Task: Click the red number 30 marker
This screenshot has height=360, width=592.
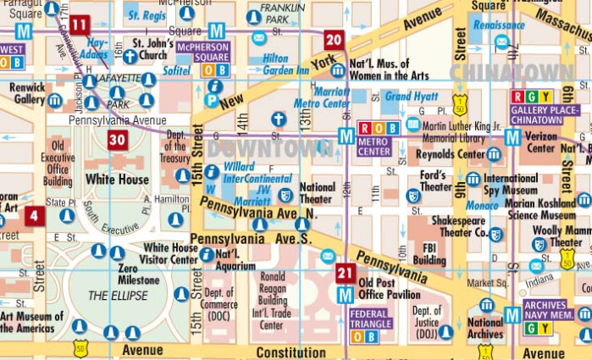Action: pyautogui.click(x=118, y=140)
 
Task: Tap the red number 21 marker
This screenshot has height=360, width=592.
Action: pyautogui.click(x=346, y=273)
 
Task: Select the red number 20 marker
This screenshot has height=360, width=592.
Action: pyautogui.click(x=334, y=40)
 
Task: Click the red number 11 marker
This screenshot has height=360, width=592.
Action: pyautogui.click(x=79, y=25)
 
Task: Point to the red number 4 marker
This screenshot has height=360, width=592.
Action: pyautogui.click(x=35, y=216)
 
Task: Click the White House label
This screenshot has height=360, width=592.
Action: pyautogui.click(x=117, y=180)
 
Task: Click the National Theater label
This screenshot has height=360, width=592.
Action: pyautogui.click(x=318, y=192)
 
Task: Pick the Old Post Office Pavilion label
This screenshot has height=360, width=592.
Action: pyautogui.click(x=389, y=288)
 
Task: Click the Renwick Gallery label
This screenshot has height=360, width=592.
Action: pyautogui.click(x=29, y=93)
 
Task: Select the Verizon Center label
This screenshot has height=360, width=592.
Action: pyautogui.click(x=541, y=141)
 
